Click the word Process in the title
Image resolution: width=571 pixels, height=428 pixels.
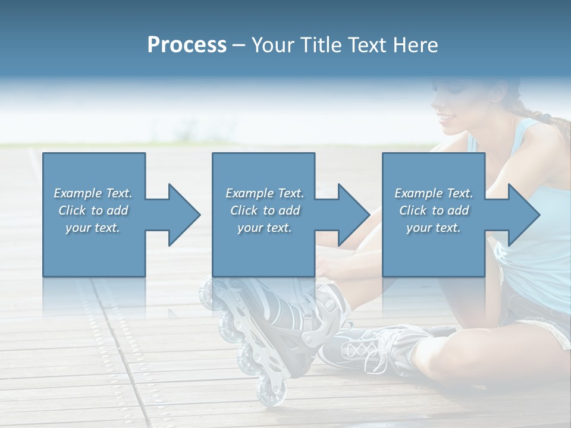pyautogui.click(x=187, y=45)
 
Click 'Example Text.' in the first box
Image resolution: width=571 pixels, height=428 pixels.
pyautogui.click(x=93, y=193)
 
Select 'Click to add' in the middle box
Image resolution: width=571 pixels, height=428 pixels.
pyautogui.click(x=265, y=210)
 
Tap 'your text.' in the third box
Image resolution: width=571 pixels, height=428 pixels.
pyautogui.click(x=433, y=228)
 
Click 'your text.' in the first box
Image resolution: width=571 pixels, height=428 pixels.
pyautogui.click(x=93, y=228)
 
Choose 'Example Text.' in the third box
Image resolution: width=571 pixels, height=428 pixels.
pyautogui.click(x=433, y=193)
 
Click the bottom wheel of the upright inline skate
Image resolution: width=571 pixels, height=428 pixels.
pyautogui.click(x=271, y=392)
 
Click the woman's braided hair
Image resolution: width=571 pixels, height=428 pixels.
pyautogui.click(x=544, y=119)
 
